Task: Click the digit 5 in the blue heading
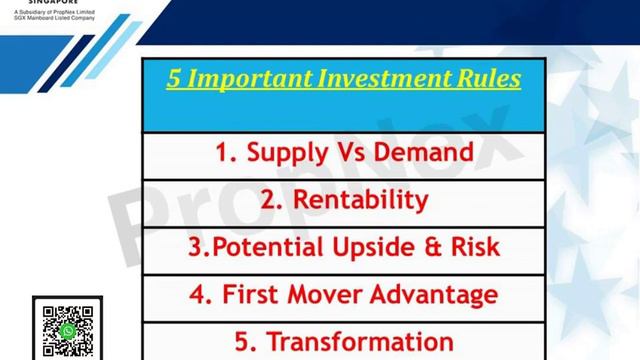click(174, 78)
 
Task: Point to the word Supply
click(288, 153)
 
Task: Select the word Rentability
click(357, 200)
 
